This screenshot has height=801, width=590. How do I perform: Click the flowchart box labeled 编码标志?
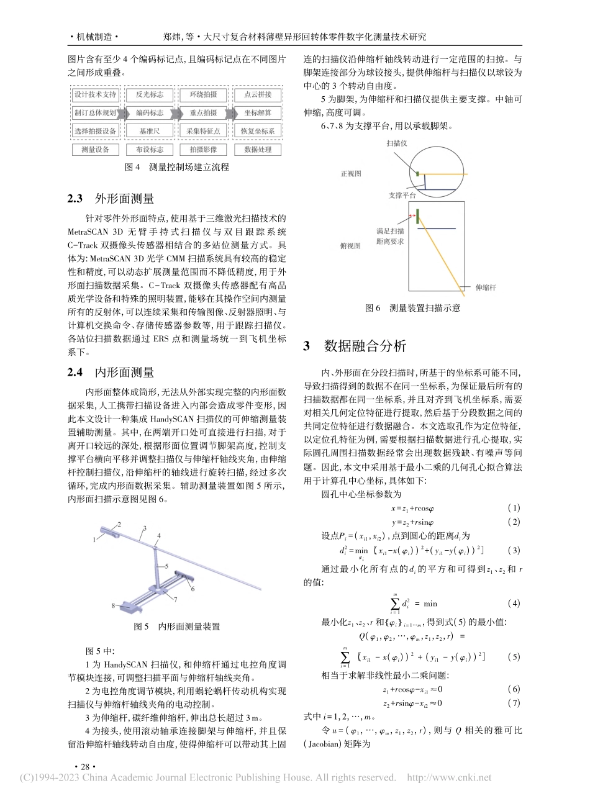[x=149, y=113]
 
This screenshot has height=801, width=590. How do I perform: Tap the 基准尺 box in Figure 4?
[x=149, y=131]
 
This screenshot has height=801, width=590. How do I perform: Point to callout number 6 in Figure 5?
[x=193, y=587]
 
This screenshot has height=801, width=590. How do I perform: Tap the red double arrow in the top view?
[x=411, y=216]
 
